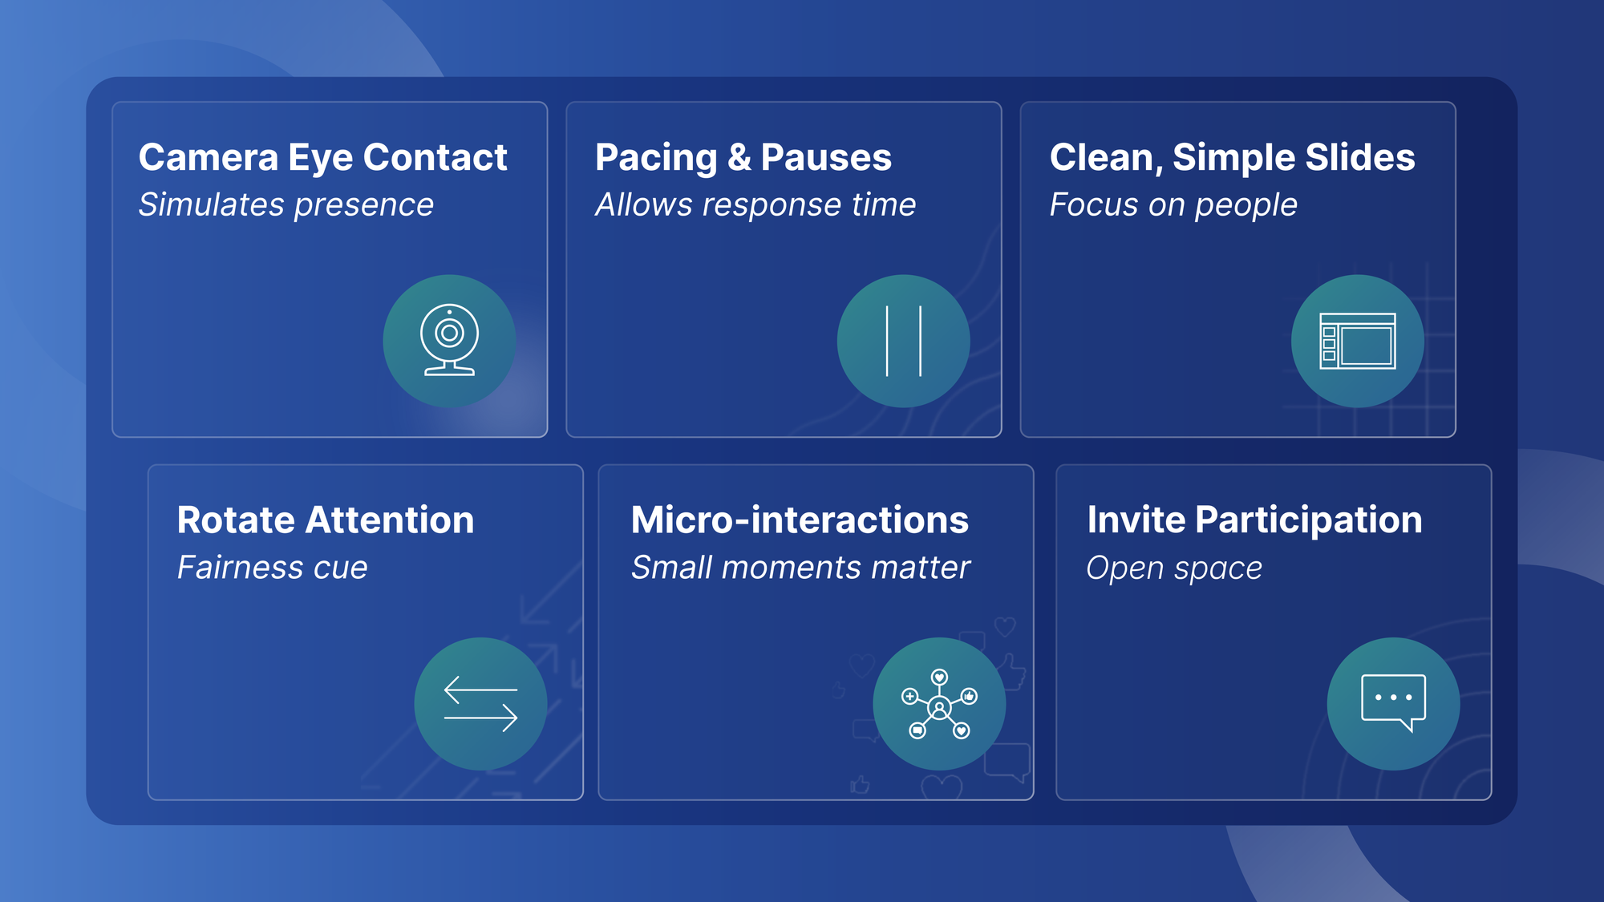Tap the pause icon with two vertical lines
[904, 341]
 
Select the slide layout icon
[1358, 341]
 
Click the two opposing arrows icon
[480, 704]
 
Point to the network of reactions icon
[939, 704]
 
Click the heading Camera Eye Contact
[322, 158]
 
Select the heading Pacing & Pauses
[743, 158]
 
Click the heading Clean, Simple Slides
[1233, 158]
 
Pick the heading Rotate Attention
[326, 520]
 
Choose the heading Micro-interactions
[800, 520]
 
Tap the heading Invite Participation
[1254, 521]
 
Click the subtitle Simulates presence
[286, 205]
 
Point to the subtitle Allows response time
[755, 205]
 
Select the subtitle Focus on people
[1173, 205]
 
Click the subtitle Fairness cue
[273, 568]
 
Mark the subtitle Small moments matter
[800, 568]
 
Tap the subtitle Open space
[1174, 568]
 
